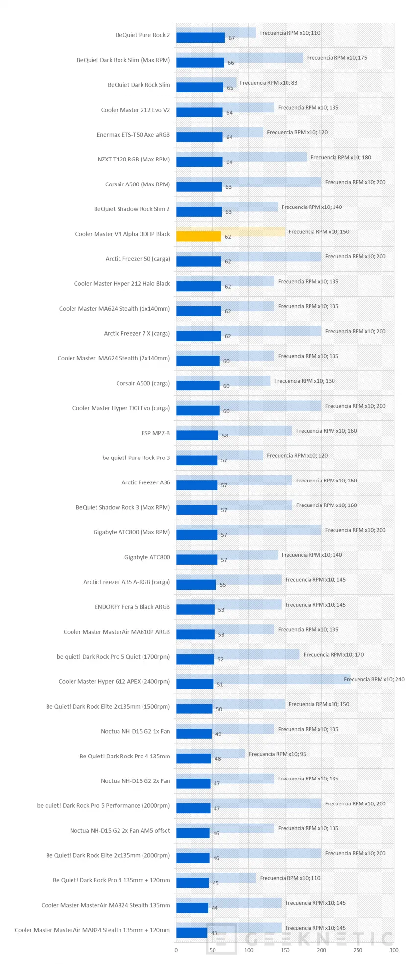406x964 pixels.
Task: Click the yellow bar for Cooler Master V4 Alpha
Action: [198, 236]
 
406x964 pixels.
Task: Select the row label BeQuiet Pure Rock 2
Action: [143, 35]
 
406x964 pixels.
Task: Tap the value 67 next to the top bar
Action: [231, 38]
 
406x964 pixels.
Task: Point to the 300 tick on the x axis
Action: [394, 950]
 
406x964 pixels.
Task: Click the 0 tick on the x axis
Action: [176, 950]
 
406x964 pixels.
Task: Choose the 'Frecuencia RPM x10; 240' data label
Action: [374, 679]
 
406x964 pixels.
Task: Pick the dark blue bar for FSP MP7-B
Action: [197, 436]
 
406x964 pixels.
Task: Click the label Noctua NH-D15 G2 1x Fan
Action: [135, 731]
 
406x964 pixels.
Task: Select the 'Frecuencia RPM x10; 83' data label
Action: [268, 83]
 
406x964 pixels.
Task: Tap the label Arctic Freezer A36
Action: [145, 482]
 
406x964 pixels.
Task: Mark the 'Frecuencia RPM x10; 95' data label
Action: [277, 754]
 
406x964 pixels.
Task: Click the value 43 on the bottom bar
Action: [214, 933]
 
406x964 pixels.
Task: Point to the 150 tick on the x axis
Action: [285, 950]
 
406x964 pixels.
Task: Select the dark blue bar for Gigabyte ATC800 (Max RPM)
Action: [196, 535]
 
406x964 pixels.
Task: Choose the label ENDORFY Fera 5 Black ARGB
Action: [132, 607]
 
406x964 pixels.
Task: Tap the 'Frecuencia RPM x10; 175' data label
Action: [337, 58]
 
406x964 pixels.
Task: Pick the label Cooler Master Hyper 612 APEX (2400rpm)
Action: [114, 681]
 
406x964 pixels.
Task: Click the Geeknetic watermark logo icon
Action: [221, 939]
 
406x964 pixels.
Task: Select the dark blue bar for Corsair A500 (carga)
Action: [198, 386]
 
